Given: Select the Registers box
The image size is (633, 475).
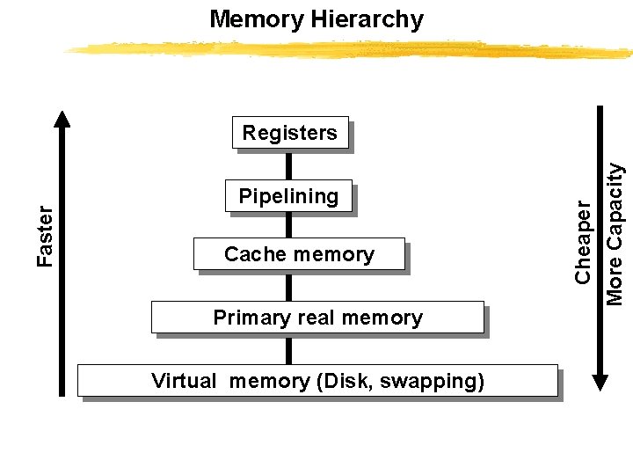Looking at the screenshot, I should coord(290,133).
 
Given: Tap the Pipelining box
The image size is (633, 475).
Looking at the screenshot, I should coord(288,196).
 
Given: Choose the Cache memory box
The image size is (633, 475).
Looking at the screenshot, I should coord(299,254).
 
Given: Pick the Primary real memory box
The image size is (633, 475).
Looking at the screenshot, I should coord(317,318).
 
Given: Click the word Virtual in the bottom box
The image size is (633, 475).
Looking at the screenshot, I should coord(183,381).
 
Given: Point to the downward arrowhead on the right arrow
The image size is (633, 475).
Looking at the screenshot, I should coord(600,382).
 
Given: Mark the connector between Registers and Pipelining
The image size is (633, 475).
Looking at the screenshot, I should coord(288,164).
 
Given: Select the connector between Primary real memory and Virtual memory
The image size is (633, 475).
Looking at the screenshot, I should coord(288,349).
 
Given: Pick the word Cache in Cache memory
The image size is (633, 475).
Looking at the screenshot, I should coord(249,254).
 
